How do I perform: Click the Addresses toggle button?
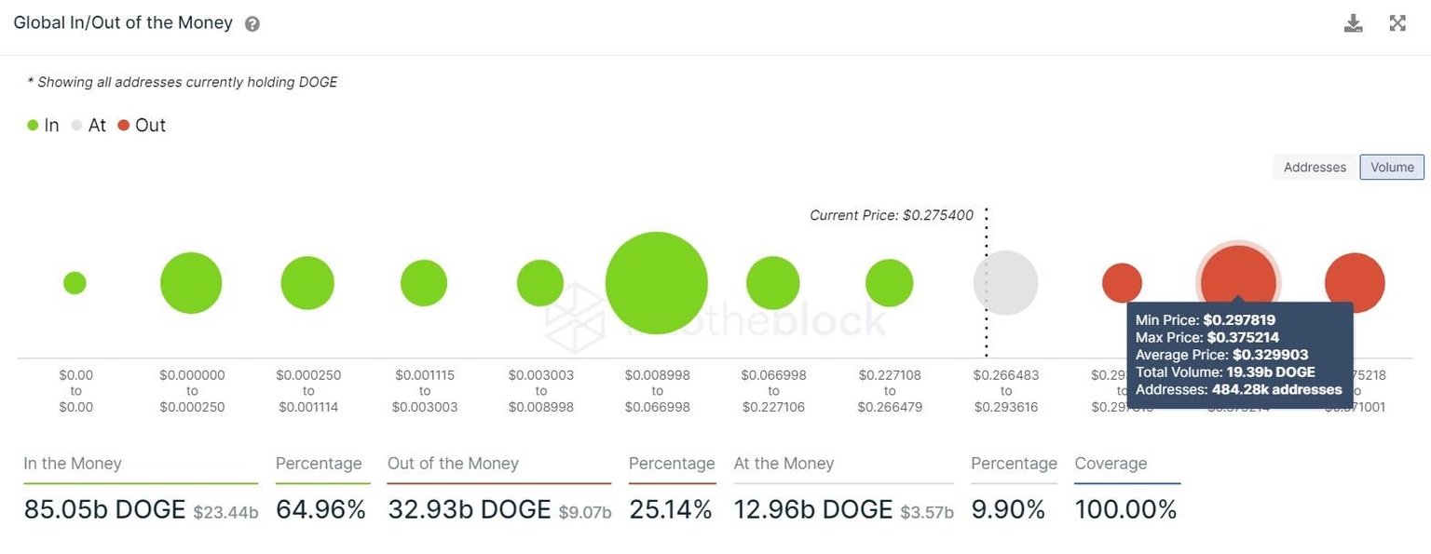(1315, 168)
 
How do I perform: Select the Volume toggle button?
(1392, 168)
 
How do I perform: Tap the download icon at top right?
(1353, 23)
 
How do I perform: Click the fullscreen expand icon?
(1397, 23)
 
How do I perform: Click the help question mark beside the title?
(252, 24)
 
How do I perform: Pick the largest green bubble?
(657, 283)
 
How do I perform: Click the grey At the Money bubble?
(1005, 283)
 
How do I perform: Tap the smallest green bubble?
(75, 283)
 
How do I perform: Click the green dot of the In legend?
(33, 126)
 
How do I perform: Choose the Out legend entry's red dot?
(124, 126)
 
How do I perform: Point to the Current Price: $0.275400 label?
(891, 215)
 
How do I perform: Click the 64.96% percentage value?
(320, 509)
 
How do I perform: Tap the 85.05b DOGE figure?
(104, 509)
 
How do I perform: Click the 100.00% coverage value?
(1125, 509)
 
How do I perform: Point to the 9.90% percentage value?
(1009, 509)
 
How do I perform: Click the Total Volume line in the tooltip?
(1224, 372)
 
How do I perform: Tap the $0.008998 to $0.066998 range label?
(658, 391)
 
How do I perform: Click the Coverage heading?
(1111, 464)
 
